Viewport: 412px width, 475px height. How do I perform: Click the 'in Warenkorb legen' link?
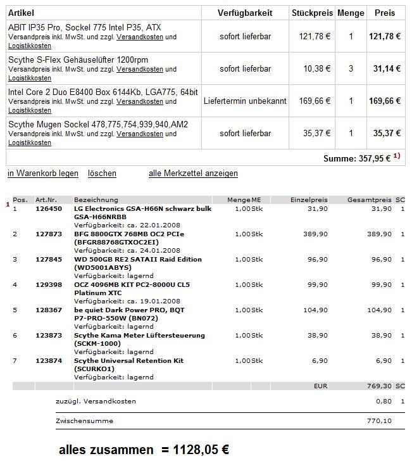(x=43, y=174)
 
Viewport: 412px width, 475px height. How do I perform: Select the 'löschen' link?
(x=102, y=174)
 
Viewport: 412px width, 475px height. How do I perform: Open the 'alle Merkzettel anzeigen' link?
(x=193, y=174)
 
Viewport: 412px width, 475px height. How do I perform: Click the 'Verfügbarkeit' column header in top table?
(x=245, y=13)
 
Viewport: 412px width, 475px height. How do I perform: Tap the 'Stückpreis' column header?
(x=311, y=13)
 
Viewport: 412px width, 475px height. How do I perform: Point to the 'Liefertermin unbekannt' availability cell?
(x=245, y=101)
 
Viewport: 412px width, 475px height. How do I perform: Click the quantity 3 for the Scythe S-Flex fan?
(x=351, y=68)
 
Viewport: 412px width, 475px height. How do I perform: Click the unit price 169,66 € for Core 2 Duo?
(x=315, y=101)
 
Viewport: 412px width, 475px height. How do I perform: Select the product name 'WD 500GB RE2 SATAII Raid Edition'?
(x=138, y=260)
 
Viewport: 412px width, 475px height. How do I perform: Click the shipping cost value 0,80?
(x=384, y=402)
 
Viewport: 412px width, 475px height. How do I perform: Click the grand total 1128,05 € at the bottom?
(x=194, y=450)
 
